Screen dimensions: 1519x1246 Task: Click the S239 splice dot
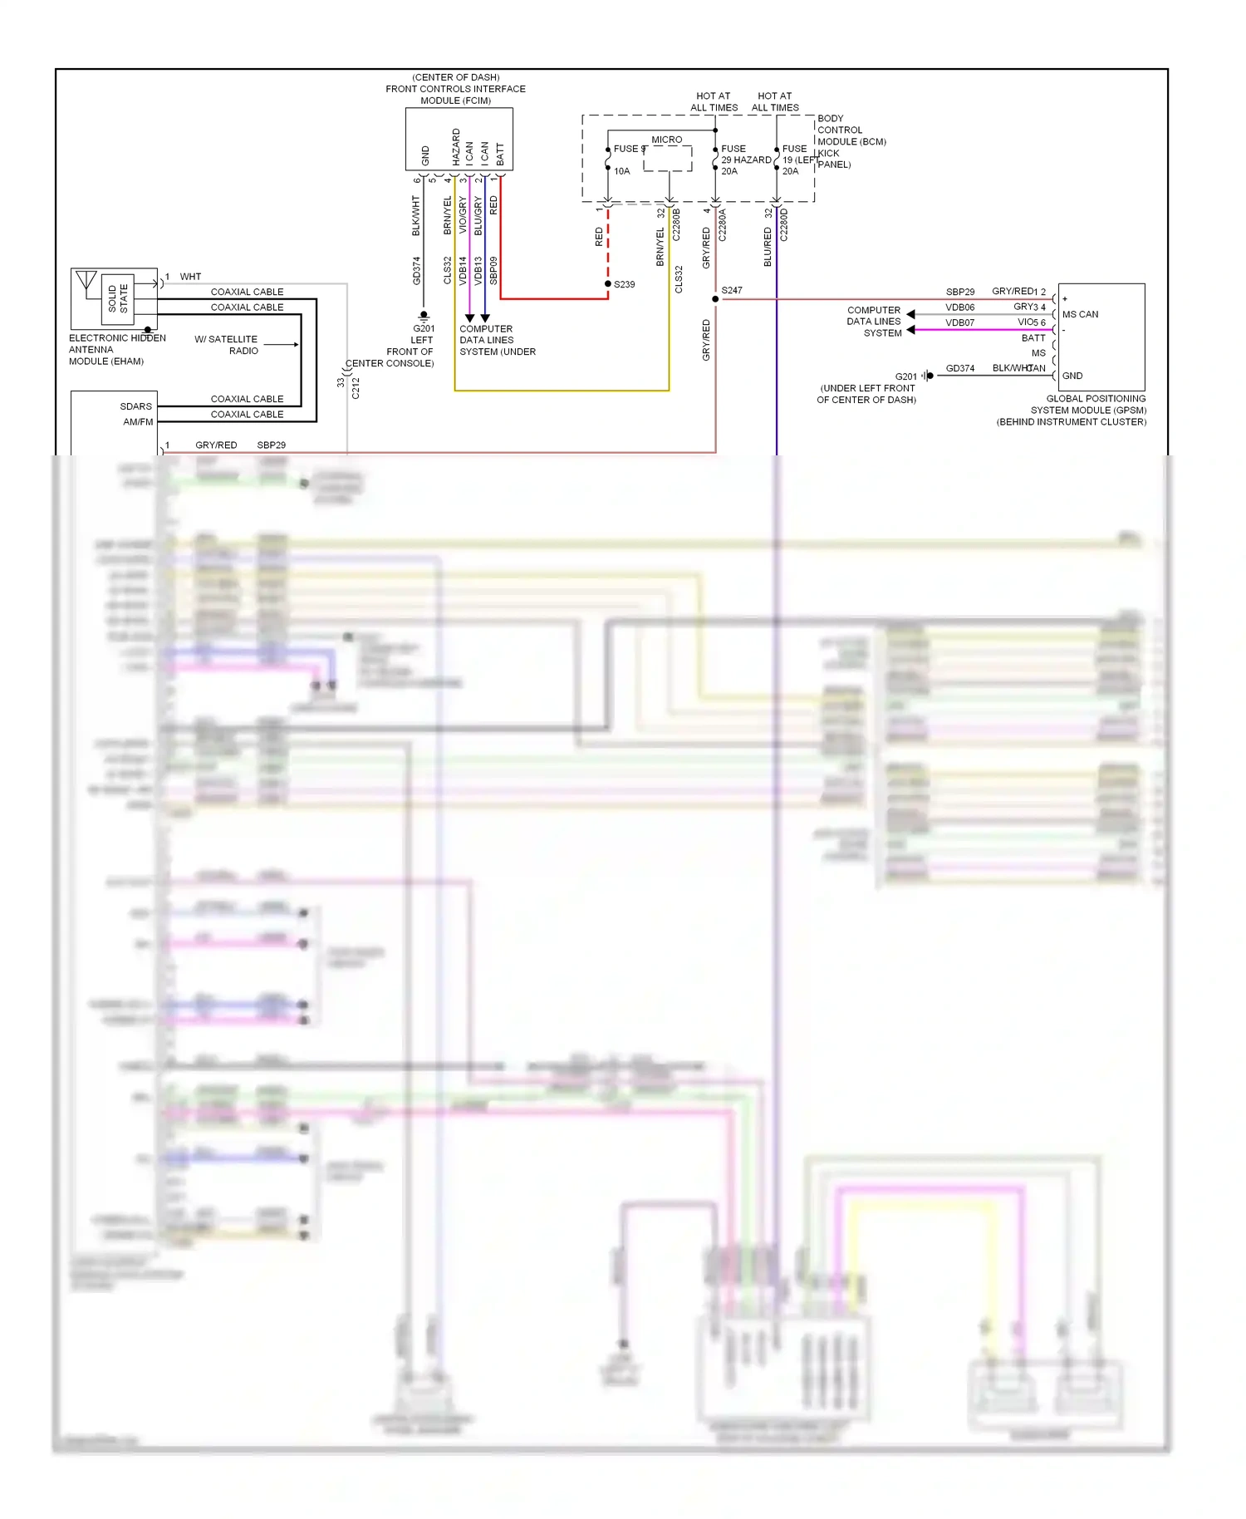(608, 284)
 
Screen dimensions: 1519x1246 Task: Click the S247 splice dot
(715, 298)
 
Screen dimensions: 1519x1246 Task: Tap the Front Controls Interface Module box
(459, 140)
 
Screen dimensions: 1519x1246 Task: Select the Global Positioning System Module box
(1101, 337)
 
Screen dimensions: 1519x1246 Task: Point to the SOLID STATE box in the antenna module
(119, 297)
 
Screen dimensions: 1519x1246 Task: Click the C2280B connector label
(676, 224)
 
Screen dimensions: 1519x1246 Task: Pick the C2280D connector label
(784, 224)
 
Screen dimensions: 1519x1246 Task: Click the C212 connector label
(356, 387)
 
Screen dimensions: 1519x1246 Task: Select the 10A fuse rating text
(622, 171)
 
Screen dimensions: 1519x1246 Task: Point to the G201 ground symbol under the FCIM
(424, 316)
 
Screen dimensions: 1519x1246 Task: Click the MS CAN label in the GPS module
(1080, 314)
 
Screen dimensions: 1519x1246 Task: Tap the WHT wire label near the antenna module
(190, 277)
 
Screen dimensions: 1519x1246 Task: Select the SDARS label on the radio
(136, 406)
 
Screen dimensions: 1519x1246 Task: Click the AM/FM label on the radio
(138, 422)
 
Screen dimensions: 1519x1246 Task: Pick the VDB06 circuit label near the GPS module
(959, 307)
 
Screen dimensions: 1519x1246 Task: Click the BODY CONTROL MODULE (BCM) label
(851, 130)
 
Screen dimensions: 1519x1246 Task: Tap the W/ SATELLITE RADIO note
(227, 345)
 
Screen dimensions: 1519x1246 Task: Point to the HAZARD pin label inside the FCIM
(456, 146)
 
